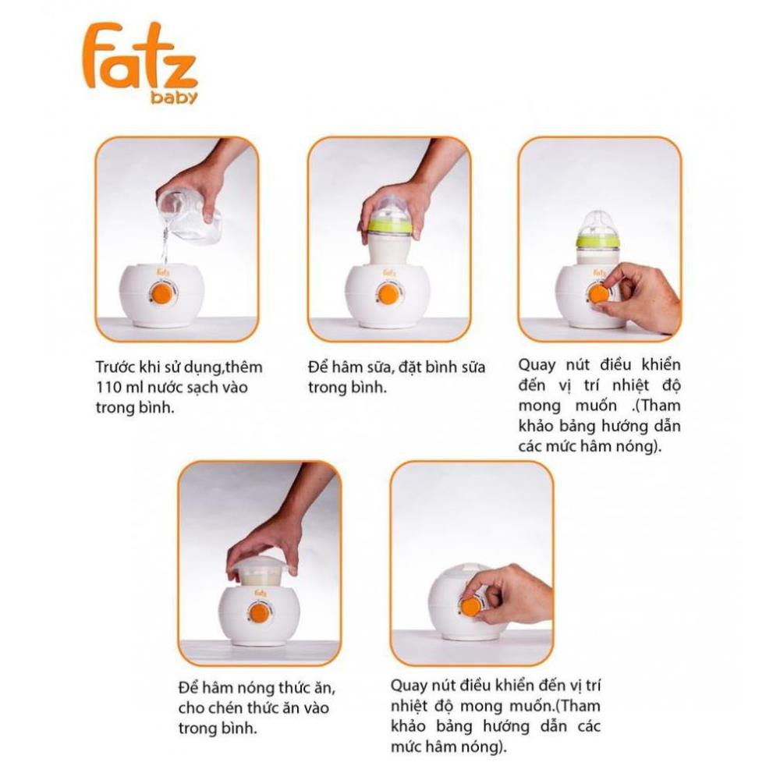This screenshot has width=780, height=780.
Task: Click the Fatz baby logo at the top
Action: point(140,62)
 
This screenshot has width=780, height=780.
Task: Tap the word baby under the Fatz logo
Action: point(174,97)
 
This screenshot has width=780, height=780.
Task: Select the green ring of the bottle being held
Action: point(390,227)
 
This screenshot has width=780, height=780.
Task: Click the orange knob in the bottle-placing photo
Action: point(388,295)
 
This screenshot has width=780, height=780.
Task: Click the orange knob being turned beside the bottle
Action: point(597,293)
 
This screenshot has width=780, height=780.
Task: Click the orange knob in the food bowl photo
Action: point(259,613)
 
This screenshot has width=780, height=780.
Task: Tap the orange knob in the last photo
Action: point(470,606)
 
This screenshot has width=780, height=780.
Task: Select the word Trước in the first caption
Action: point(116,367)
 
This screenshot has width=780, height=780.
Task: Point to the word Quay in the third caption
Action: point(537,365)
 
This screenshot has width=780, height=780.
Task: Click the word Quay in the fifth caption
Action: point(409,686)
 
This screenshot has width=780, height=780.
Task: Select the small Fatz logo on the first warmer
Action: point(163,272)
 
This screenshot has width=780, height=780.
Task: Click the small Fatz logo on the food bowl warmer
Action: point(261,593)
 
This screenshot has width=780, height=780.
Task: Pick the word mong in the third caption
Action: point(540,406)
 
